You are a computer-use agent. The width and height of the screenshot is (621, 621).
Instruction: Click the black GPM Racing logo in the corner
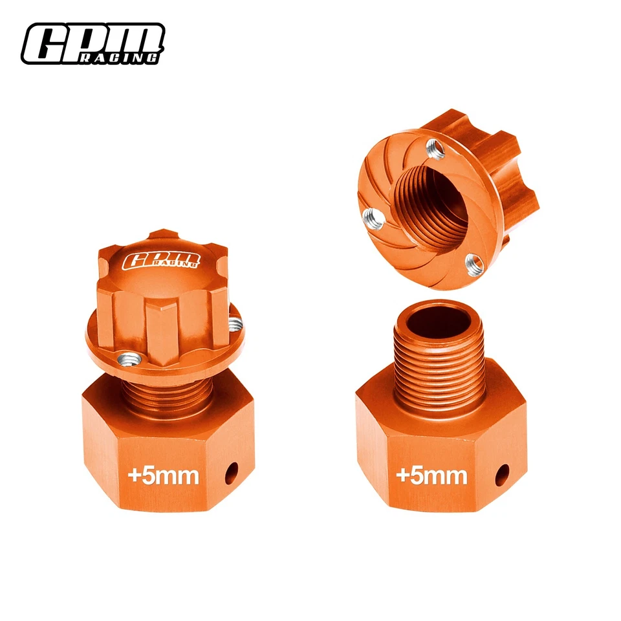tap(91, 43)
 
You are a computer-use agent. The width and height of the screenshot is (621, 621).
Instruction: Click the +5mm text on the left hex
tap(163, 475)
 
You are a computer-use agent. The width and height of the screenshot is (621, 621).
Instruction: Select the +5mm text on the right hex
tap(431, 475)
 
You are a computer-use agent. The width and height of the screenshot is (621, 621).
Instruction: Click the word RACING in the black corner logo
tap(129, 58)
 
